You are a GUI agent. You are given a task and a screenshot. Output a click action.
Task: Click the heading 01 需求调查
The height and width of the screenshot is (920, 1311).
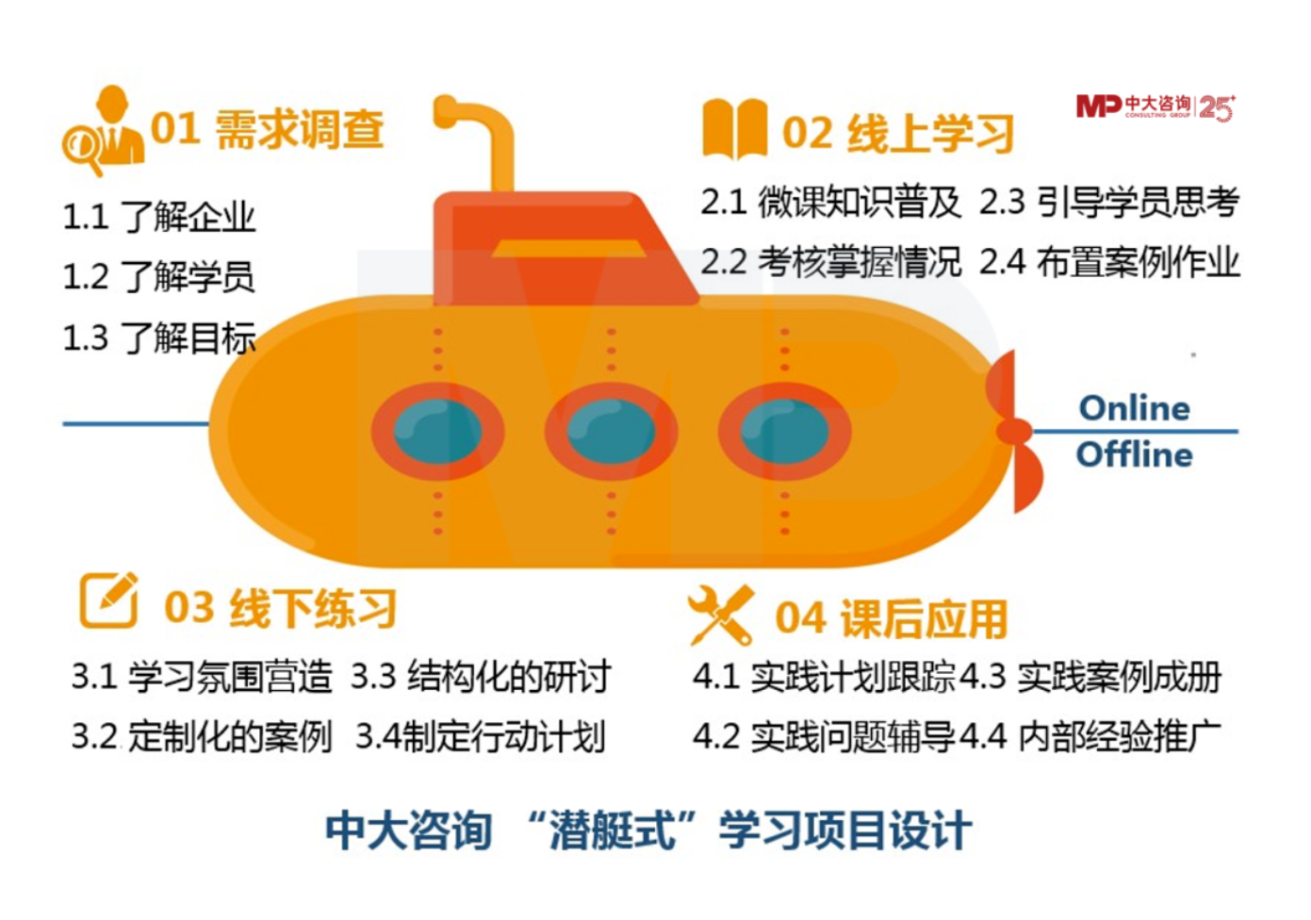pyautogui.click(x=268, y=129)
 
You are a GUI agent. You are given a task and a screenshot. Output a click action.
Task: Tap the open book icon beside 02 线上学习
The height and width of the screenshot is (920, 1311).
pyautogui.click(x=734, y=129)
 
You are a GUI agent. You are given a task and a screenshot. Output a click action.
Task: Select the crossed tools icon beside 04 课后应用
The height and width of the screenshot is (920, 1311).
pyautogui.click(x=721, y=615)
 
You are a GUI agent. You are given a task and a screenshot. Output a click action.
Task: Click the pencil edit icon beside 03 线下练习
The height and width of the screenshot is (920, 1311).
pyautogui.click(x=108, y=600)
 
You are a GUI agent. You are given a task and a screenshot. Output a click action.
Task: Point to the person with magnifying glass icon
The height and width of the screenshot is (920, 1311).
pyautogui.click(x=102, y=132)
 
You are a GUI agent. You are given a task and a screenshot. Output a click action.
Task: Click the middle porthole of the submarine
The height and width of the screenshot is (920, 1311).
pyautogui.click(x=611, y=431)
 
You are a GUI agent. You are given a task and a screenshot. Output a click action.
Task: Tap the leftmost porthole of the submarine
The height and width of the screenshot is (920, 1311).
pyautogui.click(x=437, y=431)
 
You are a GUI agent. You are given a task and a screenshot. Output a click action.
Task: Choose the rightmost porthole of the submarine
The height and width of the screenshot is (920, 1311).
pyautogui.click(x=784, y=431)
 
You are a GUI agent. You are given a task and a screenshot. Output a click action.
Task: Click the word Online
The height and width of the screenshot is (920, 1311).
pyautogui.click(x=1134, y=408)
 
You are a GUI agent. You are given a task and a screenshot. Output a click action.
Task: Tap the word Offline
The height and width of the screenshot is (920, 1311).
pyautogui.click(x=1134, y=454)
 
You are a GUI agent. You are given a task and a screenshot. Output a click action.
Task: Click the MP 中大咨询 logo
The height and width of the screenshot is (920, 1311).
pyautogui.click(x=1155, y=107)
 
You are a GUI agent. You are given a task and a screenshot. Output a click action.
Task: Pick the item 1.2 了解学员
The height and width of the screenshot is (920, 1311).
pyautogui.click(x=158, y=277)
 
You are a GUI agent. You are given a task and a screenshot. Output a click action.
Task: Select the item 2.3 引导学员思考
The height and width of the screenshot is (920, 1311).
pyautogui.click(x=1109, y=202)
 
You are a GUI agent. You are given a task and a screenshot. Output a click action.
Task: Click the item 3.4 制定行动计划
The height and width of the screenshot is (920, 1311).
pyautogui.click(x=480, y=736)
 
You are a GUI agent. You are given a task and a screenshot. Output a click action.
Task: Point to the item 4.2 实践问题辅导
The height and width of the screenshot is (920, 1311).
pyautogui.click(x=824, y=736)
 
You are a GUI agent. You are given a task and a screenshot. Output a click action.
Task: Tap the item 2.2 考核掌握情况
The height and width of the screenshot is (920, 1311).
pyautogui.click(x=830, y=262)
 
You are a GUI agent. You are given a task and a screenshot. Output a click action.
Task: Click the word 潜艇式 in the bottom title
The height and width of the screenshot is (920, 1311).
pyautogui.click(x=613, y=830)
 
